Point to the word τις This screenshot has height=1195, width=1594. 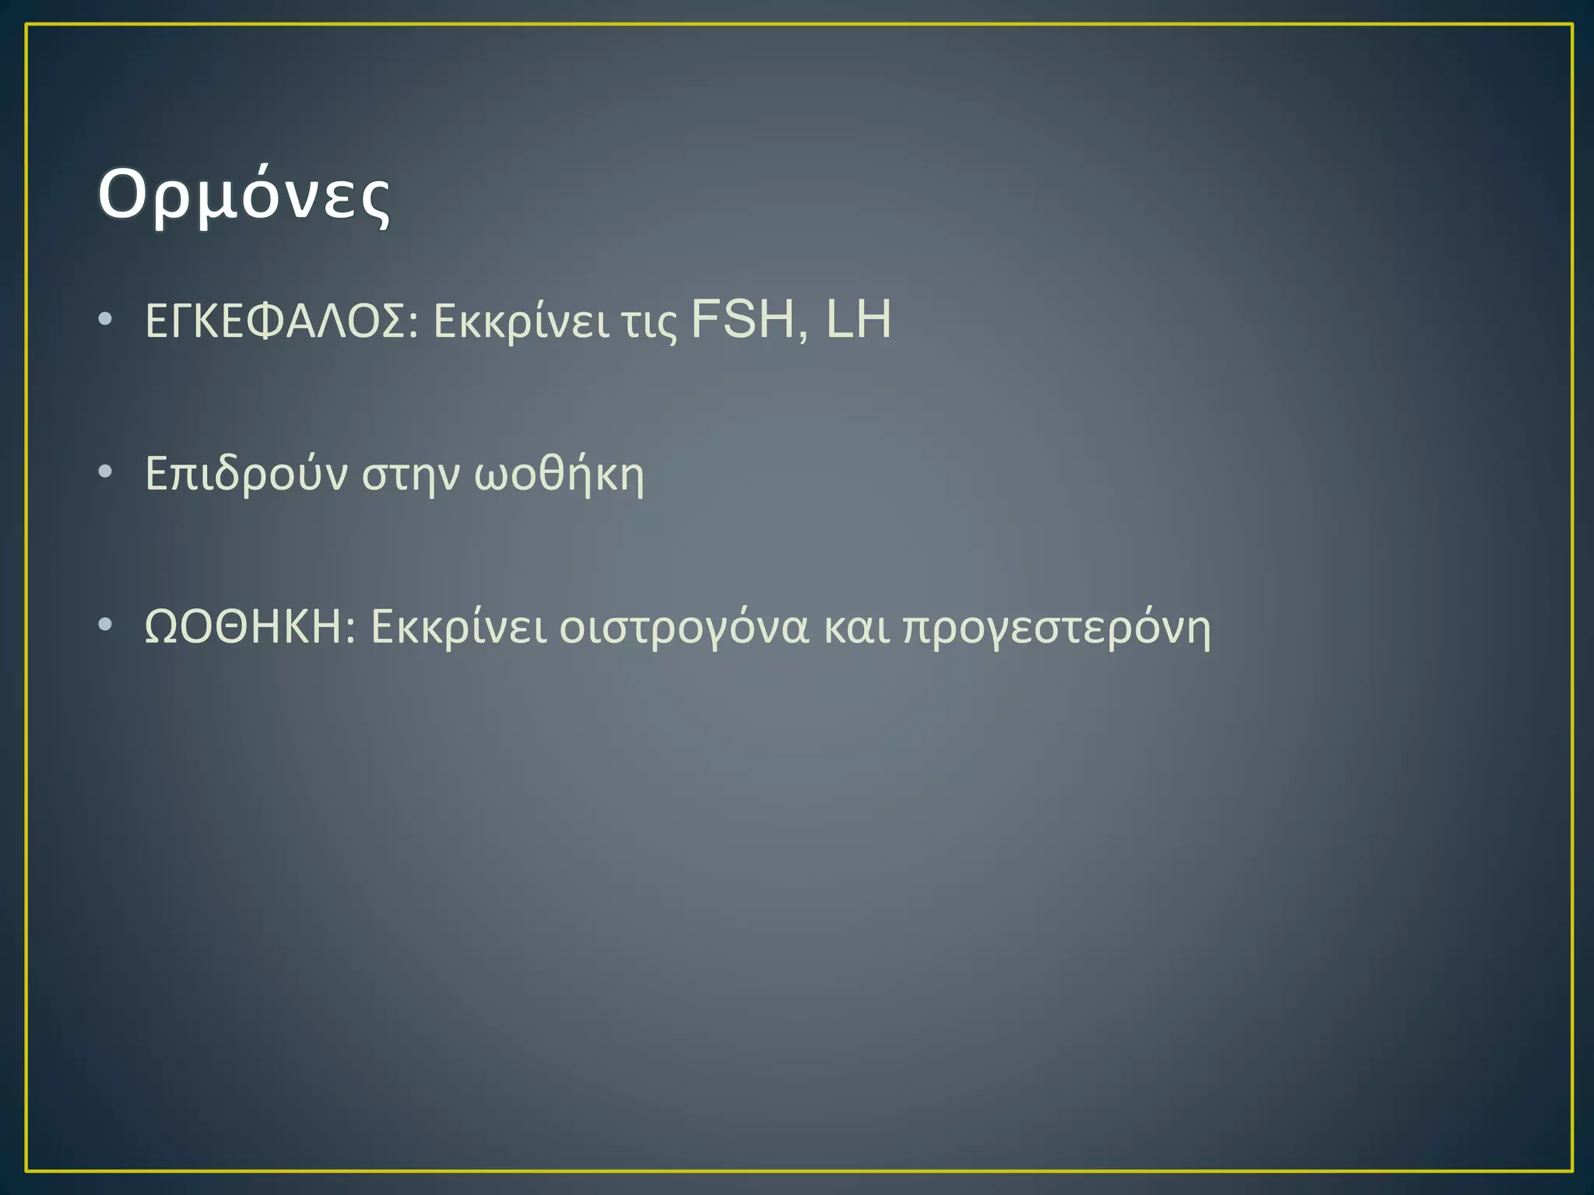pyautogui.click(x=648, y=323)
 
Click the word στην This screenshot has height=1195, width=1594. pyautogui.click(x=411, y=476)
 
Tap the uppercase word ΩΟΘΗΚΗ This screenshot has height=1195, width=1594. pyautogui.click(x=244, y=627)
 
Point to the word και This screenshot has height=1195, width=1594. pyautogui.click(x=857, y=629)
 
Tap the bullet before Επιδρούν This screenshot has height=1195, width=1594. pyautogui.click(x=106, y=471)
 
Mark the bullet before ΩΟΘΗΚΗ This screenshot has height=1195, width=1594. pyautogui.click(x=106, y=625)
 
